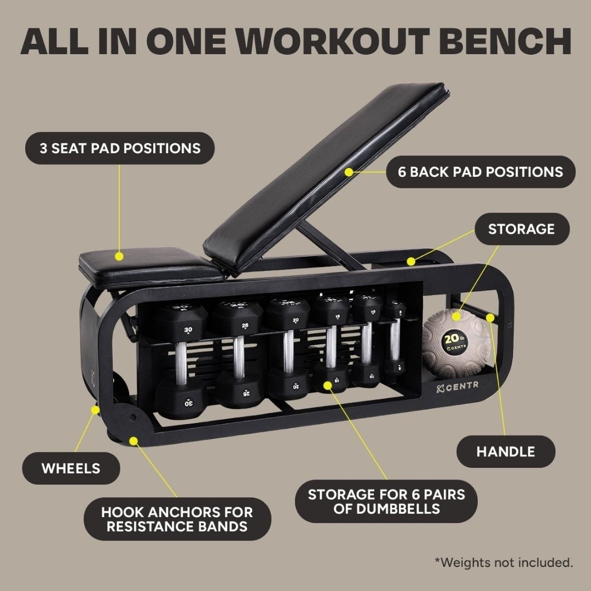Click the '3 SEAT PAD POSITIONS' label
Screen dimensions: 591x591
[x=119, y=148]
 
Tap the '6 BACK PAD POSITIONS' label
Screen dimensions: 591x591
[x=481, y=172]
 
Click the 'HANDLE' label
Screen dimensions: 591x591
[x=506, y=451]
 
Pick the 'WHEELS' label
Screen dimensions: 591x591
[x=71, y=468]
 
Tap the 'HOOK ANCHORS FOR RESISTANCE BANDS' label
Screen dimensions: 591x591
[x=177, y=519]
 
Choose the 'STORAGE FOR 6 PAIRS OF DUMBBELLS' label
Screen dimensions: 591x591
[x=386, y=501]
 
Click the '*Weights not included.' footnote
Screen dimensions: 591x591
[x=504, y=562]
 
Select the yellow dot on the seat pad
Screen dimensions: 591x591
[x=119, y=256]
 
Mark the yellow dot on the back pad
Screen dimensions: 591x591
[x=349, y=171]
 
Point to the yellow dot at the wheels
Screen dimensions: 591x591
[x=96, y=409]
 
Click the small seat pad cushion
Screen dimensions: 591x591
[x=148, y=265]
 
